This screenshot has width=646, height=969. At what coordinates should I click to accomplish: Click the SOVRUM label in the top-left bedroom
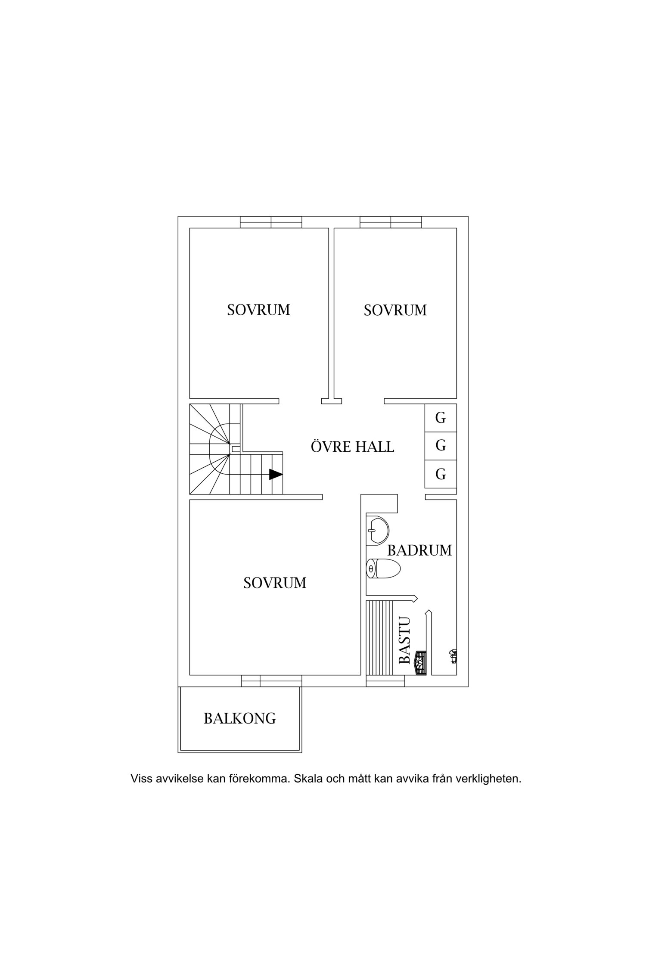[258, 310]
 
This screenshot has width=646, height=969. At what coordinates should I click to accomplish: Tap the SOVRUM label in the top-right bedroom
[395, 310]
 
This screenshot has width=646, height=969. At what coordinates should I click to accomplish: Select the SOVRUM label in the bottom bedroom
[275, 583]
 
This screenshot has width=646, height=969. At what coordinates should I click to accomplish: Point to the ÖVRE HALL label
[352, 446]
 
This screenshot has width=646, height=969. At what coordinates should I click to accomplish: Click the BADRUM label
[419, 550]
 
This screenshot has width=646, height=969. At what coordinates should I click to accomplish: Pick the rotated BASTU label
[405, 640]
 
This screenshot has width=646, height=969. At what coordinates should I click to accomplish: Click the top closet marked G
[440, 418]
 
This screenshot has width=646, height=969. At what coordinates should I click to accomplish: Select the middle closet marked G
[440, 446]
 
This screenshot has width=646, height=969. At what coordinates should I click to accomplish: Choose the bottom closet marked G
[440, 474]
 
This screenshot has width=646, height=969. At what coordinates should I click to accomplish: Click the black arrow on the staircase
[276, 474]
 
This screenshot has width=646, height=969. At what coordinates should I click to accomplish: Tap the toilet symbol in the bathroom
[383, 569]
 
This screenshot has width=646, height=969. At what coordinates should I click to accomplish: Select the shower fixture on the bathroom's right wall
[453, 657]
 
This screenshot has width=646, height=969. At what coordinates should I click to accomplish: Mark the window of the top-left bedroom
[271, 222]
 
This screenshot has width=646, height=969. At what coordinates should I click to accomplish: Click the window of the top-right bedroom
[391, 222]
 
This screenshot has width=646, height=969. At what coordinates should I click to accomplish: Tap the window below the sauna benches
[385, 681]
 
